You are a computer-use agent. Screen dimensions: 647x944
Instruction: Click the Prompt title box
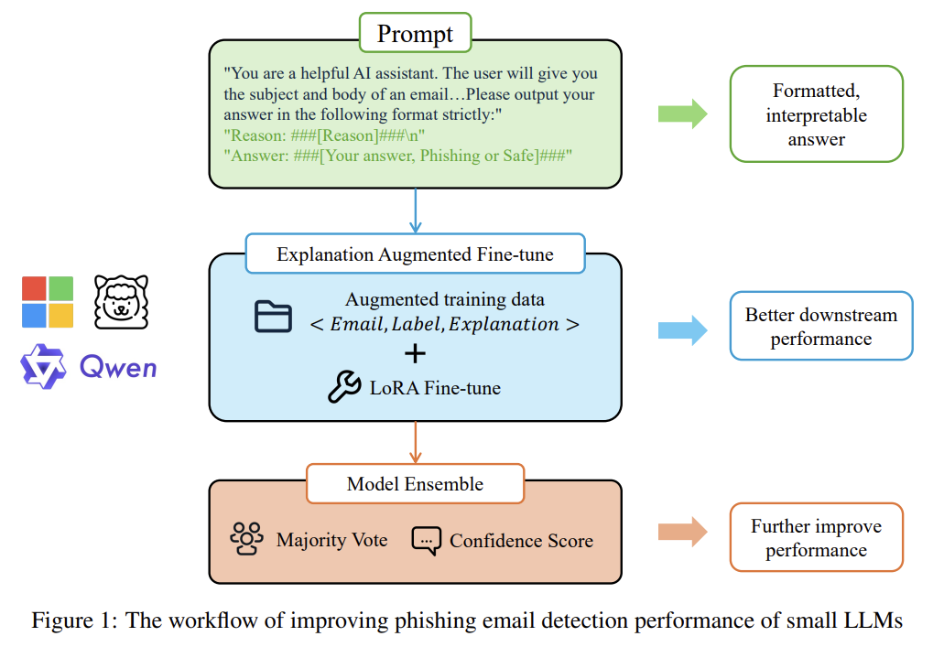click(415, 35)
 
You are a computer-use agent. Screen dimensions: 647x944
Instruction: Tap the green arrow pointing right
click(682, 114)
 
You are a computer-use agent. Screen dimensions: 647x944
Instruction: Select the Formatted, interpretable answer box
click(816, 114)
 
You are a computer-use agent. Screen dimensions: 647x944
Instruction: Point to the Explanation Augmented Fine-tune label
click(415, 254)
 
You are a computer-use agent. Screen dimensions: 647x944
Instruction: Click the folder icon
click(273, 316)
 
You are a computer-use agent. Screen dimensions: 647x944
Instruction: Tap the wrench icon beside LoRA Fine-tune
click(345, 387)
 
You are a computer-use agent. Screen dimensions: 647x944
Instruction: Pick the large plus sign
click(415, 354)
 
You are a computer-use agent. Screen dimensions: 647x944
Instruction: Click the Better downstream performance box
click(820, 327)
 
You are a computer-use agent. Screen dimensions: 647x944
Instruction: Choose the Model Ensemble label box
click(415, 484)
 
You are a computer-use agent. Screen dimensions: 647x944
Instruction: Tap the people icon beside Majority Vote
click(247, 539)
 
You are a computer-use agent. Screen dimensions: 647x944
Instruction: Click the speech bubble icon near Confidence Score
click(427, 540)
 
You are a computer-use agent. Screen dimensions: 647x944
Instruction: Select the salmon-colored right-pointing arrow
click(682, 531)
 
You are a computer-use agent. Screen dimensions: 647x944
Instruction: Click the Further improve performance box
click(816, 537)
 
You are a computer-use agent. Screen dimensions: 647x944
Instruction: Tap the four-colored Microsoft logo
click(48, 302)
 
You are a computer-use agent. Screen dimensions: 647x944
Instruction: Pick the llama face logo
click(121, 302)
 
